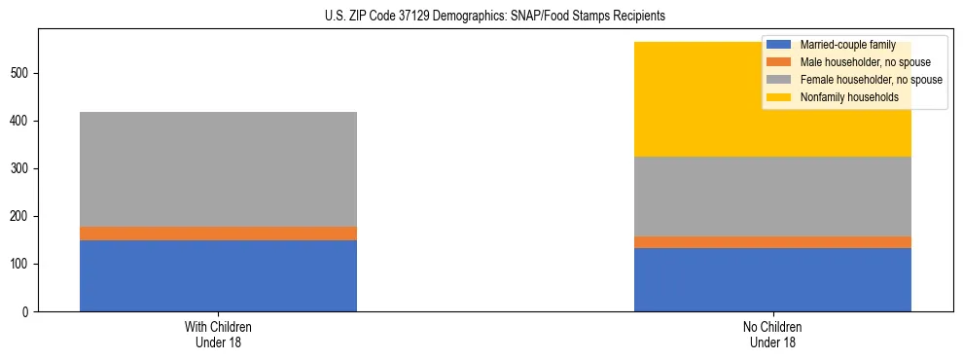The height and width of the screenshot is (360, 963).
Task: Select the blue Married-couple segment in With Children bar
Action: pyautogui.click(x=218, y=275)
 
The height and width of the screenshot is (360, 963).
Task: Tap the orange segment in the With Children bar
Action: pyautogui.click(x=218, y=234)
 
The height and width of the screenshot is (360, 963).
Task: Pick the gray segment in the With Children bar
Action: pyautogui.click(x=218, y=169)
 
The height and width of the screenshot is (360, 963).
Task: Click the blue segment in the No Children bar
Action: pyautogui.click(x=772, y=279)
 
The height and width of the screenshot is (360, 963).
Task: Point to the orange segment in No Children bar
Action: pyautogui.click(x=772, y=242)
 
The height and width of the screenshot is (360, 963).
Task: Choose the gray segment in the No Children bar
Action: pyautogui.click(x=772, y=197)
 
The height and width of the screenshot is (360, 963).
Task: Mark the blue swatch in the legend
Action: pyautogui.click(x=779, y=46)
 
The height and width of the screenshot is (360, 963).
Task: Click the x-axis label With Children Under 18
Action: pyautogui.click(x=218, y=334)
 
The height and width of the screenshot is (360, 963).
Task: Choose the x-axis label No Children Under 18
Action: pyautogui.click(x=772, y=334)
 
